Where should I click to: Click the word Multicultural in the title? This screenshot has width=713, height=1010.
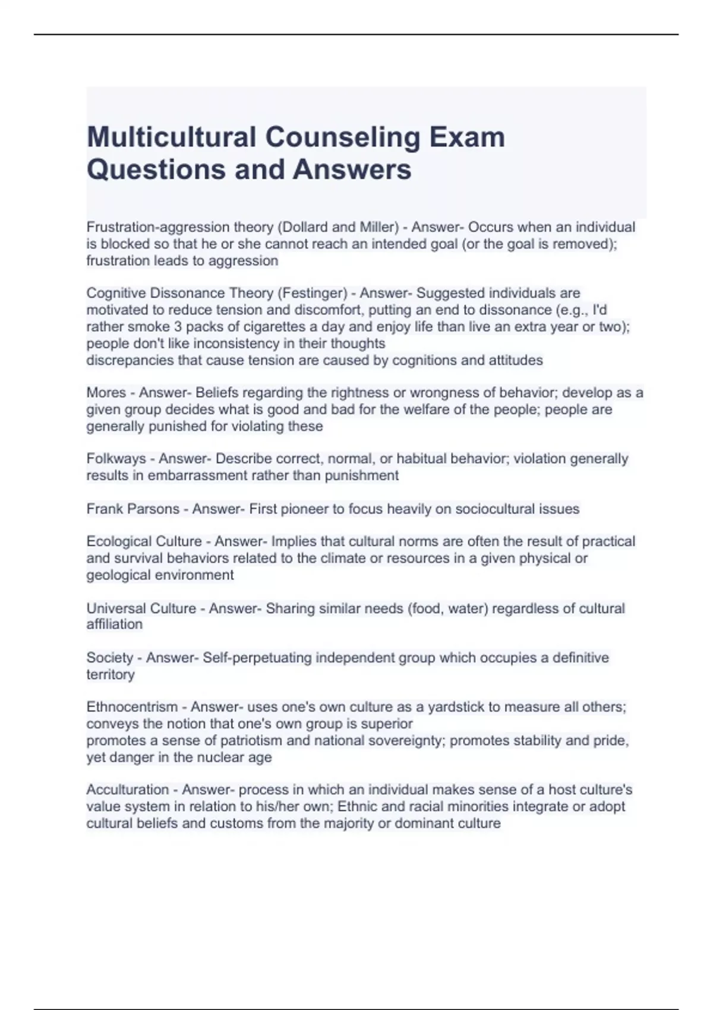click(x=171, y=137)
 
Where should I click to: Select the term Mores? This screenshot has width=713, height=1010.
click(x=106, y=393)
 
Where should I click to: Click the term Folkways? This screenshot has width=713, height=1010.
click(x=116, y=459)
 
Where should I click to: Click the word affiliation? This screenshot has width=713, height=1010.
click(x=115, y=624)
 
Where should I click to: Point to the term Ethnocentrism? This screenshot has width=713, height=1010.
click(x=132, y=707)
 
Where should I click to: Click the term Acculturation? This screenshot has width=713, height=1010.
click(x=128, y=790)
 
